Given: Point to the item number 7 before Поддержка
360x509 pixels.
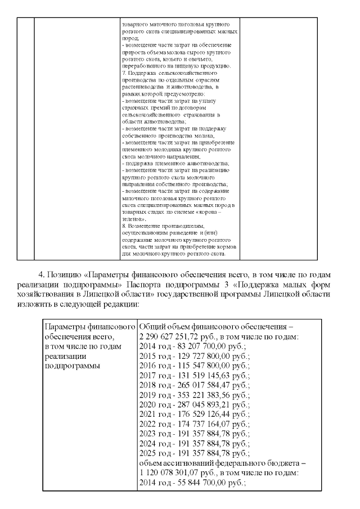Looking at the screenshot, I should [124, 74].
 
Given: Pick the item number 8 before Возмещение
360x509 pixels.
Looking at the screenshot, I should [124, 226].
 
